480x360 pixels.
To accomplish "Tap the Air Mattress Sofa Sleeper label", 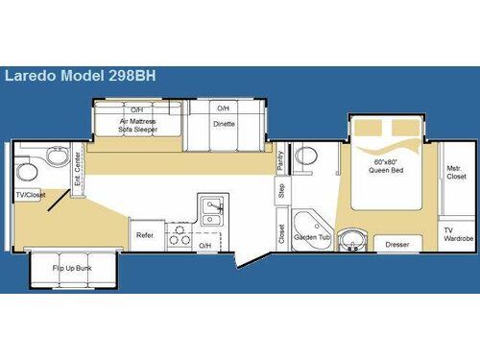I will click(x=137, y=126).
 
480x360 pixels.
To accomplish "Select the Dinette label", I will click(x=223, y=124).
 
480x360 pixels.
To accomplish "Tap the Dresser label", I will click(x=396, y=246).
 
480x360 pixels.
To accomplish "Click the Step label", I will click(x=281, y=190).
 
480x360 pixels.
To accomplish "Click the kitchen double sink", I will click(x=212, y=210).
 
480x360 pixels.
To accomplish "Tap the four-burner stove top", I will click(x=179, y=234).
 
